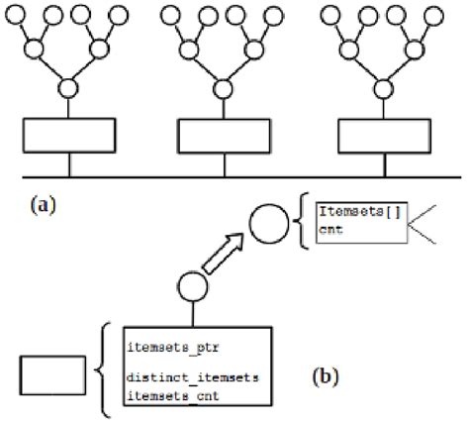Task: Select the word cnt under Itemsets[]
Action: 329,229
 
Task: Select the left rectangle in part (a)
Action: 67,135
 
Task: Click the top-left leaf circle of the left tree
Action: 18,17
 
